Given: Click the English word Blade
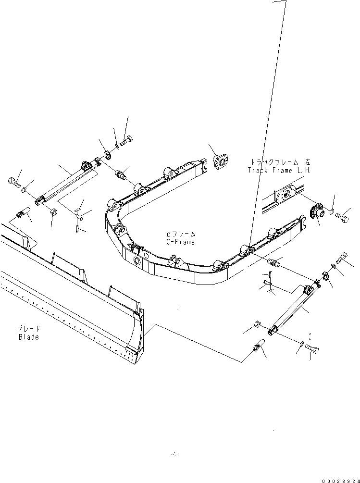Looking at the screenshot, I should pos(28,337).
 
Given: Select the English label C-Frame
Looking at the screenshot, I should pos(181,242).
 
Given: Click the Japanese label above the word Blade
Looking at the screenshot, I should pos(29,329).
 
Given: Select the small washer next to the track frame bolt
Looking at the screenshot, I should pos(331,211).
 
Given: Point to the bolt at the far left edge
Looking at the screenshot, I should pos(12,182).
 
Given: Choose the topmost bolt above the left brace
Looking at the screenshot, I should pos(127,141).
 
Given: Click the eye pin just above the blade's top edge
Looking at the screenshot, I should pos(21,213).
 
